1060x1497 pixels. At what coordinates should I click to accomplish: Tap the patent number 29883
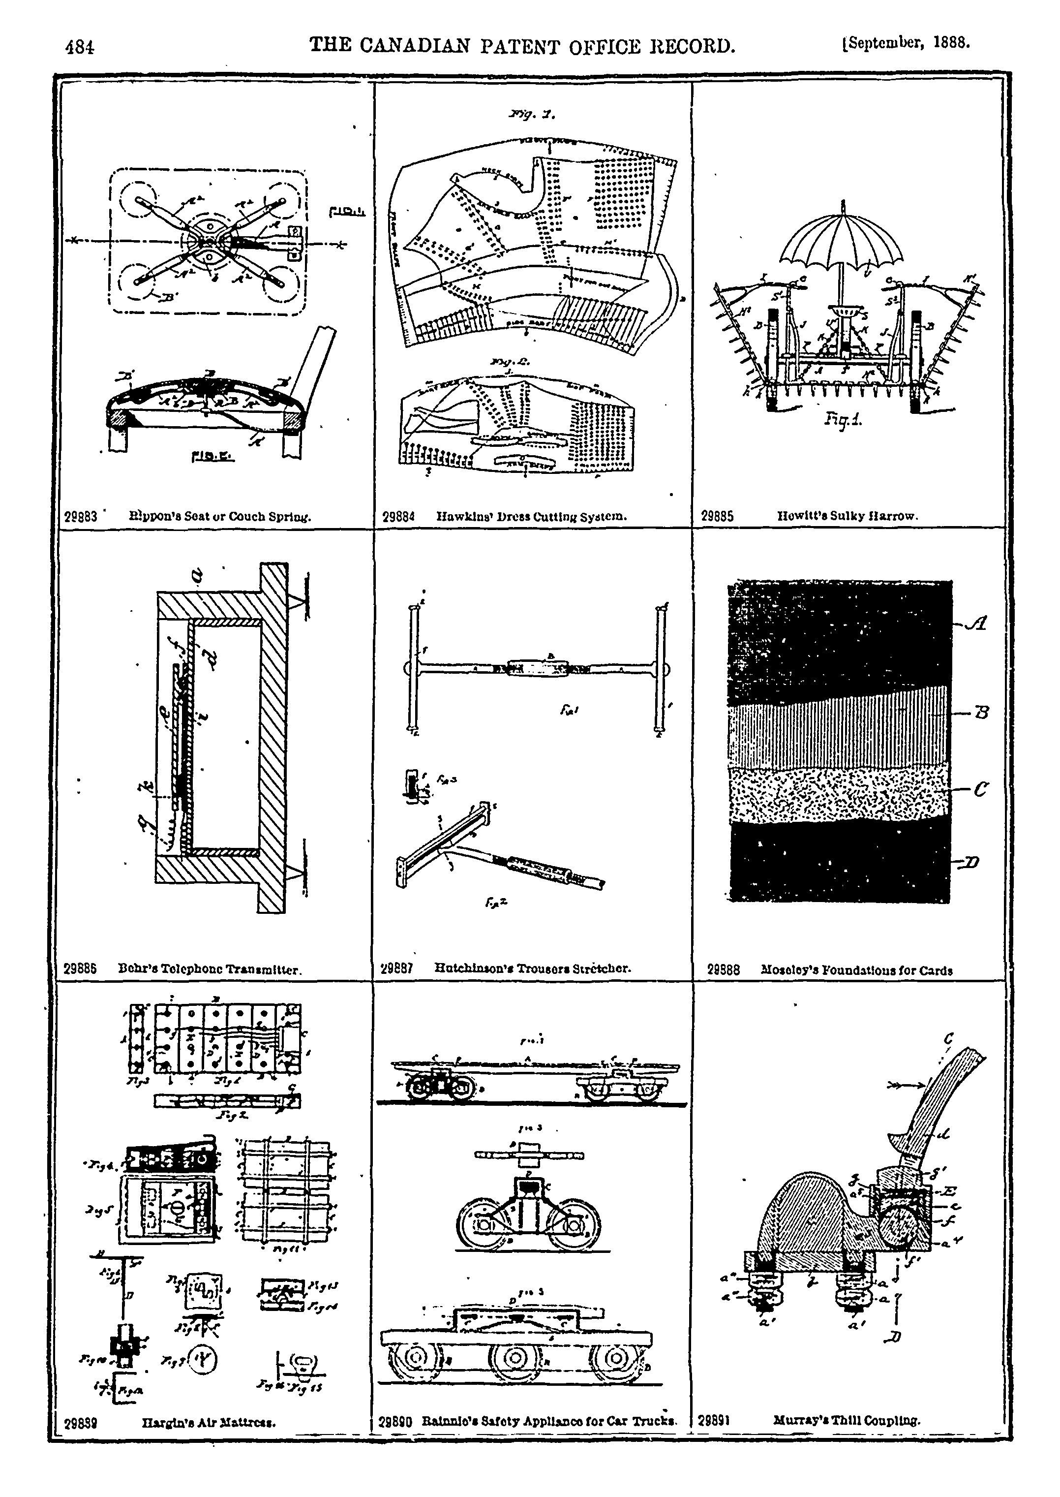point(81,516)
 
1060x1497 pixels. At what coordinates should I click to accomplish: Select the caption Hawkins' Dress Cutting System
point(531,516)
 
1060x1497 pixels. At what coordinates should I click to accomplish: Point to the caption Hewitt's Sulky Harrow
point(847,516)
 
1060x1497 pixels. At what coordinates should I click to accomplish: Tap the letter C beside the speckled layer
point(980,789)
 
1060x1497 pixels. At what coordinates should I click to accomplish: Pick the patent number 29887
point(396,969)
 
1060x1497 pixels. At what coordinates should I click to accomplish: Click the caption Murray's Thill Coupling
point(847,1420)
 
